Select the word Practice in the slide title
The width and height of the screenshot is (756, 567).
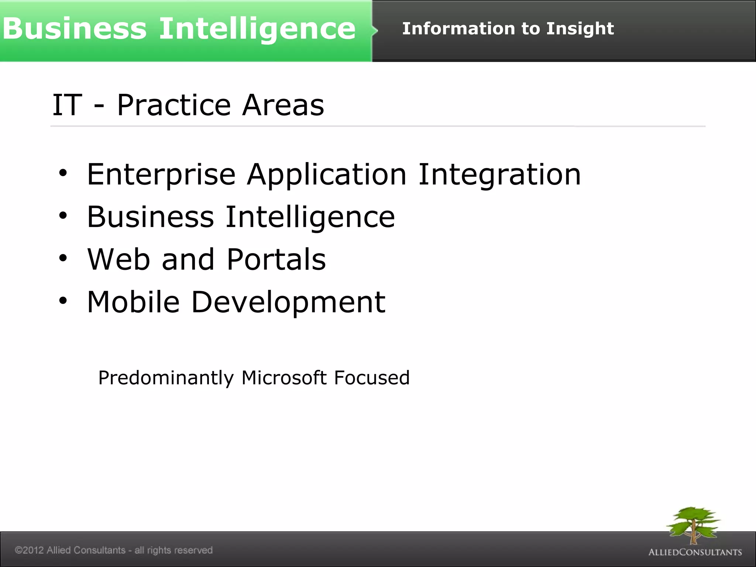(x=174, y=106)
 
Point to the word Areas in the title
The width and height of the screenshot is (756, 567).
(x=283, y=106)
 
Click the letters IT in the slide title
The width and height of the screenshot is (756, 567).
(x=67, y=106)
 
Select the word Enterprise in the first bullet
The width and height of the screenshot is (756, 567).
(x=161, y=174)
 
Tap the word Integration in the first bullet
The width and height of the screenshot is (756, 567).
(x=499, y=174)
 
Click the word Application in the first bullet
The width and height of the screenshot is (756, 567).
(x=326, y=174)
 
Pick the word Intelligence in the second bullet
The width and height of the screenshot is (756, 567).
(x=310, y=217)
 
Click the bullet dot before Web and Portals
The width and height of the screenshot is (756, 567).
(x=63, y=258)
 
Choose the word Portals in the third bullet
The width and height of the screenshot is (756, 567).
(x=276, y=260)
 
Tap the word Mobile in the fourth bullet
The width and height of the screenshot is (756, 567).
(x=133, y=302)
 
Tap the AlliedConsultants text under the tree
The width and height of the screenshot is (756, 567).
(x=695, y=552)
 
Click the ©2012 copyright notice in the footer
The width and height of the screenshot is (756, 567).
(x=114, y=550)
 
